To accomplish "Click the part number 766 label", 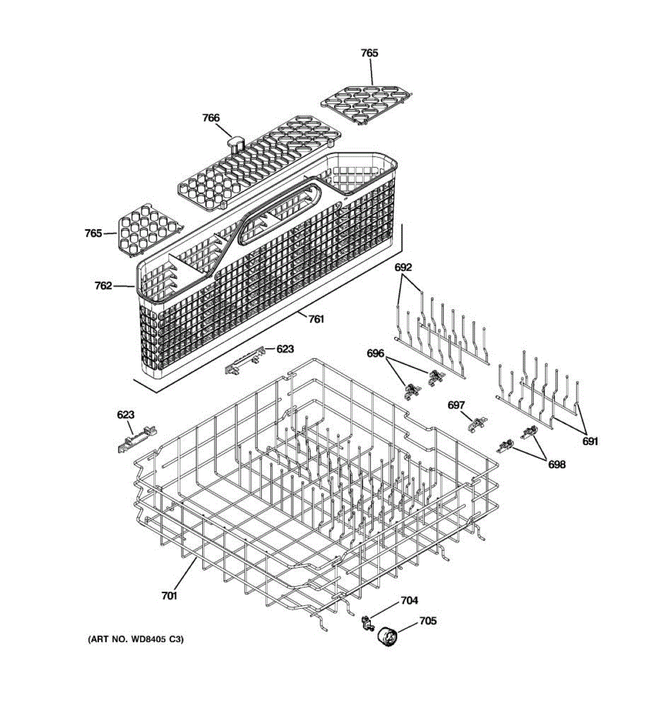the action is tap(211, 118).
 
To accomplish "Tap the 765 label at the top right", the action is tap(369, 53).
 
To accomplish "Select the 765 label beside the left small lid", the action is tap(93, 234).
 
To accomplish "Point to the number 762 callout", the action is tap(103, 286).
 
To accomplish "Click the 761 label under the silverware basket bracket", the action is tap(316, 320).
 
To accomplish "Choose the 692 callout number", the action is tap(403, 268).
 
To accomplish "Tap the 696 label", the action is tap(376, 353).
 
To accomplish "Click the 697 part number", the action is tap(457, 405).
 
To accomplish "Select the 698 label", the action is tap(557, 465).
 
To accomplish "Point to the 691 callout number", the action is tap(590, 442).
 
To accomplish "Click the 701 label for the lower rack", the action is tap(169, 596).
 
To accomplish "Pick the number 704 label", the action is tap(409, 601).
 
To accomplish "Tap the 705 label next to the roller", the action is tap(427, 621).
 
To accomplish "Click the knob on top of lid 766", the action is tap(235, 143).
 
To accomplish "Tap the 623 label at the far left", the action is tap(126, 415).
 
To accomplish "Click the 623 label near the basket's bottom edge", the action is tap(285, 349).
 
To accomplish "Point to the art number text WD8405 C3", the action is tap(135, 640).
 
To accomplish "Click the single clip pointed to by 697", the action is tap(479, 424).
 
